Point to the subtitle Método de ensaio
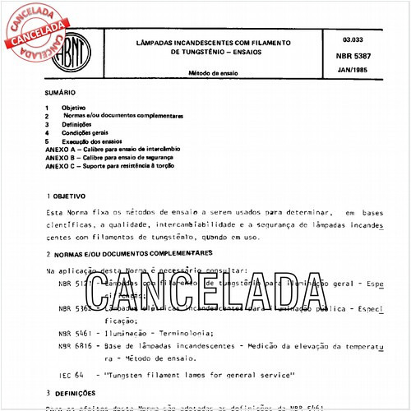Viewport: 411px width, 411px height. [x=215, y=73]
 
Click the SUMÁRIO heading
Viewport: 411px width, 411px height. [x=62, y=94]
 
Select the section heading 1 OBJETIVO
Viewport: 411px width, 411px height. [x=72, y=197]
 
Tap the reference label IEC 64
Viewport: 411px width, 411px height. [x=73, y=376]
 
